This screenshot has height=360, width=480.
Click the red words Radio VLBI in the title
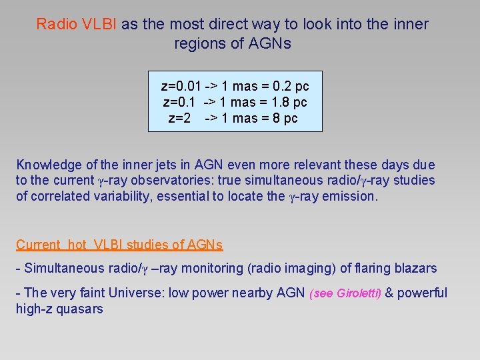(77, 25)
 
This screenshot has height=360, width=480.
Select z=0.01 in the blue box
(181, 87)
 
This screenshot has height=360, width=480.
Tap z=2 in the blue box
(180, 119)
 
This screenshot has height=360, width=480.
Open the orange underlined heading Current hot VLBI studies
(119, 245)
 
